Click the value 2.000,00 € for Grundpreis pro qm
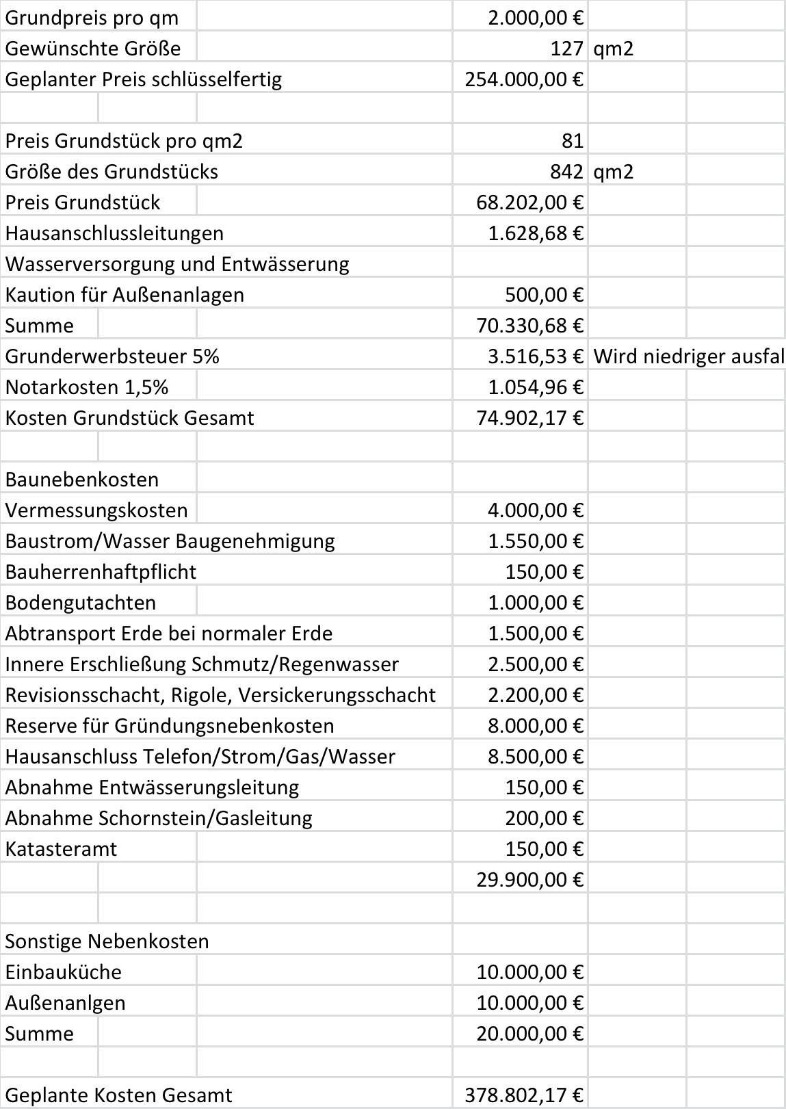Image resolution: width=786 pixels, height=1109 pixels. coord(535,17)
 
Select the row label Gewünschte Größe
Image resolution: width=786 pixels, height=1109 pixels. coord(92,49)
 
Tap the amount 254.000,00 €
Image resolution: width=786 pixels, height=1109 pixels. coord(523,79)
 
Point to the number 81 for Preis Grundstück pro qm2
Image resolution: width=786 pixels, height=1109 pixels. coord(572,141)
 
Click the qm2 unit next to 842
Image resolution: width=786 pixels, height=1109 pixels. coord(614,172)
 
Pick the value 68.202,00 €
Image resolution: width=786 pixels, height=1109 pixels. coord(529,203)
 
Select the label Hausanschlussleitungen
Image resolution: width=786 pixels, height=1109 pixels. coord(114,233)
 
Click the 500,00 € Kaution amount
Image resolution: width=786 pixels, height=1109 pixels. coord(544,295)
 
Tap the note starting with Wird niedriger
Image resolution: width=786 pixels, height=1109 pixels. coord(688,356)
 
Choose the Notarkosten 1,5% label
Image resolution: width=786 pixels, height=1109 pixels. coord(86,387)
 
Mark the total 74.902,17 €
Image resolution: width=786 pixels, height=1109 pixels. coord(529,418)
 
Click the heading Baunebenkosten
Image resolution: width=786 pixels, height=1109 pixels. coord(81,480)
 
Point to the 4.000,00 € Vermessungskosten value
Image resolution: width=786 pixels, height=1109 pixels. coord(535,510)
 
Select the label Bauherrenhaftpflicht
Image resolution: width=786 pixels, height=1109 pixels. coord(101,572)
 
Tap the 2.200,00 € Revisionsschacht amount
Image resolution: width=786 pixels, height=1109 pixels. coord(535,695)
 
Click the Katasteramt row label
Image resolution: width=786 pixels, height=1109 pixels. coord(61,849)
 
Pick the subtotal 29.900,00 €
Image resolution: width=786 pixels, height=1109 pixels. coord(529,880)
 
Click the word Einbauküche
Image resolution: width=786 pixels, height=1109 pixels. coord(63,972)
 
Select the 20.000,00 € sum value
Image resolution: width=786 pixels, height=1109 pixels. coord(529,1034)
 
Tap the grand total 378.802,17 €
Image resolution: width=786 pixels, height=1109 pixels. coord(523,1095)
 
